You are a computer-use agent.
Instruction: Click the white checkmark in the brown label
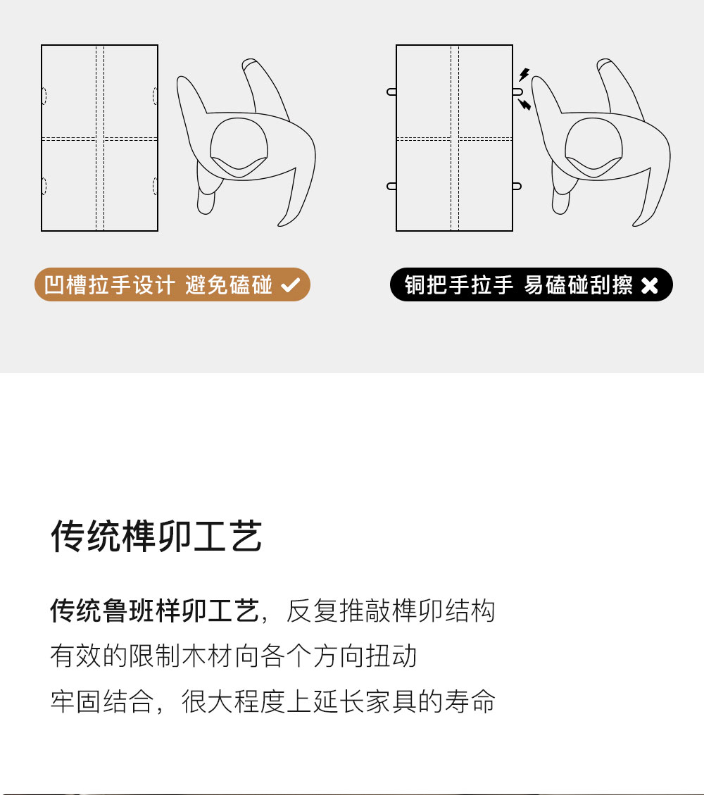click(291, 285)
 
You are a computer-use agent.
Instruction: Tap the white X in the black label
click(649, 285)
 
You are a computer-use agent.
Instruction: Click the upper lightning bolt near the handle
click(524, 75)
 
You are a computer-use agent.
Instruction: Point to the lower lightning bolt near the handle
click(524, 104)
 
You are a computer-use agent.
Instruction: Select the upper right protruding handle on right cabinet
click(517, 92)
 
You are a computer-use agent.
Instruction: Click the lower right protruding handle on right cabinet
click(517, 186)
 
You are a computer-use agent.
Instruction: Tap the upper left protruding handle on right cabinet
click(392, 92)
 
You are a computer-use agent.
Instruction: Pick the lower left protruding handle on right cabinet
click(392, 186)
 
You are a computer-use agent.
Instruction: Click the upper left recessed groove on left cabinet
click(44, 95)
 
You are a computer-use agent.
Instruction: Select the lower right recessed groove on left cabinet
click(155, 186)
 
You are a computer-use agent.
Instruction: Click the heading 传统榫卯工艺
click(156, 536)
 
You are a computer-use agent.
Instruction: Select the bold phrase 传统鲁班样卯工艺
click(155, 610)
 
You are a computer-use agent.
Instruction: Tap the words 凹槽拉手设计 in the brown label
click(110, 285)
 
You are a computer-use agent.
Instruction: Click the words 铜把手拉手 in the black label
click(459, 285)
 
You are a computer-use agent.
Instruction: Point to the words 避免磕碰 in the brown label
click(229, 285)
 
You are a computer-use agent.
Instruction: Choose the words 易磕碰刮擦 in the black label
click(578, 285)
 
